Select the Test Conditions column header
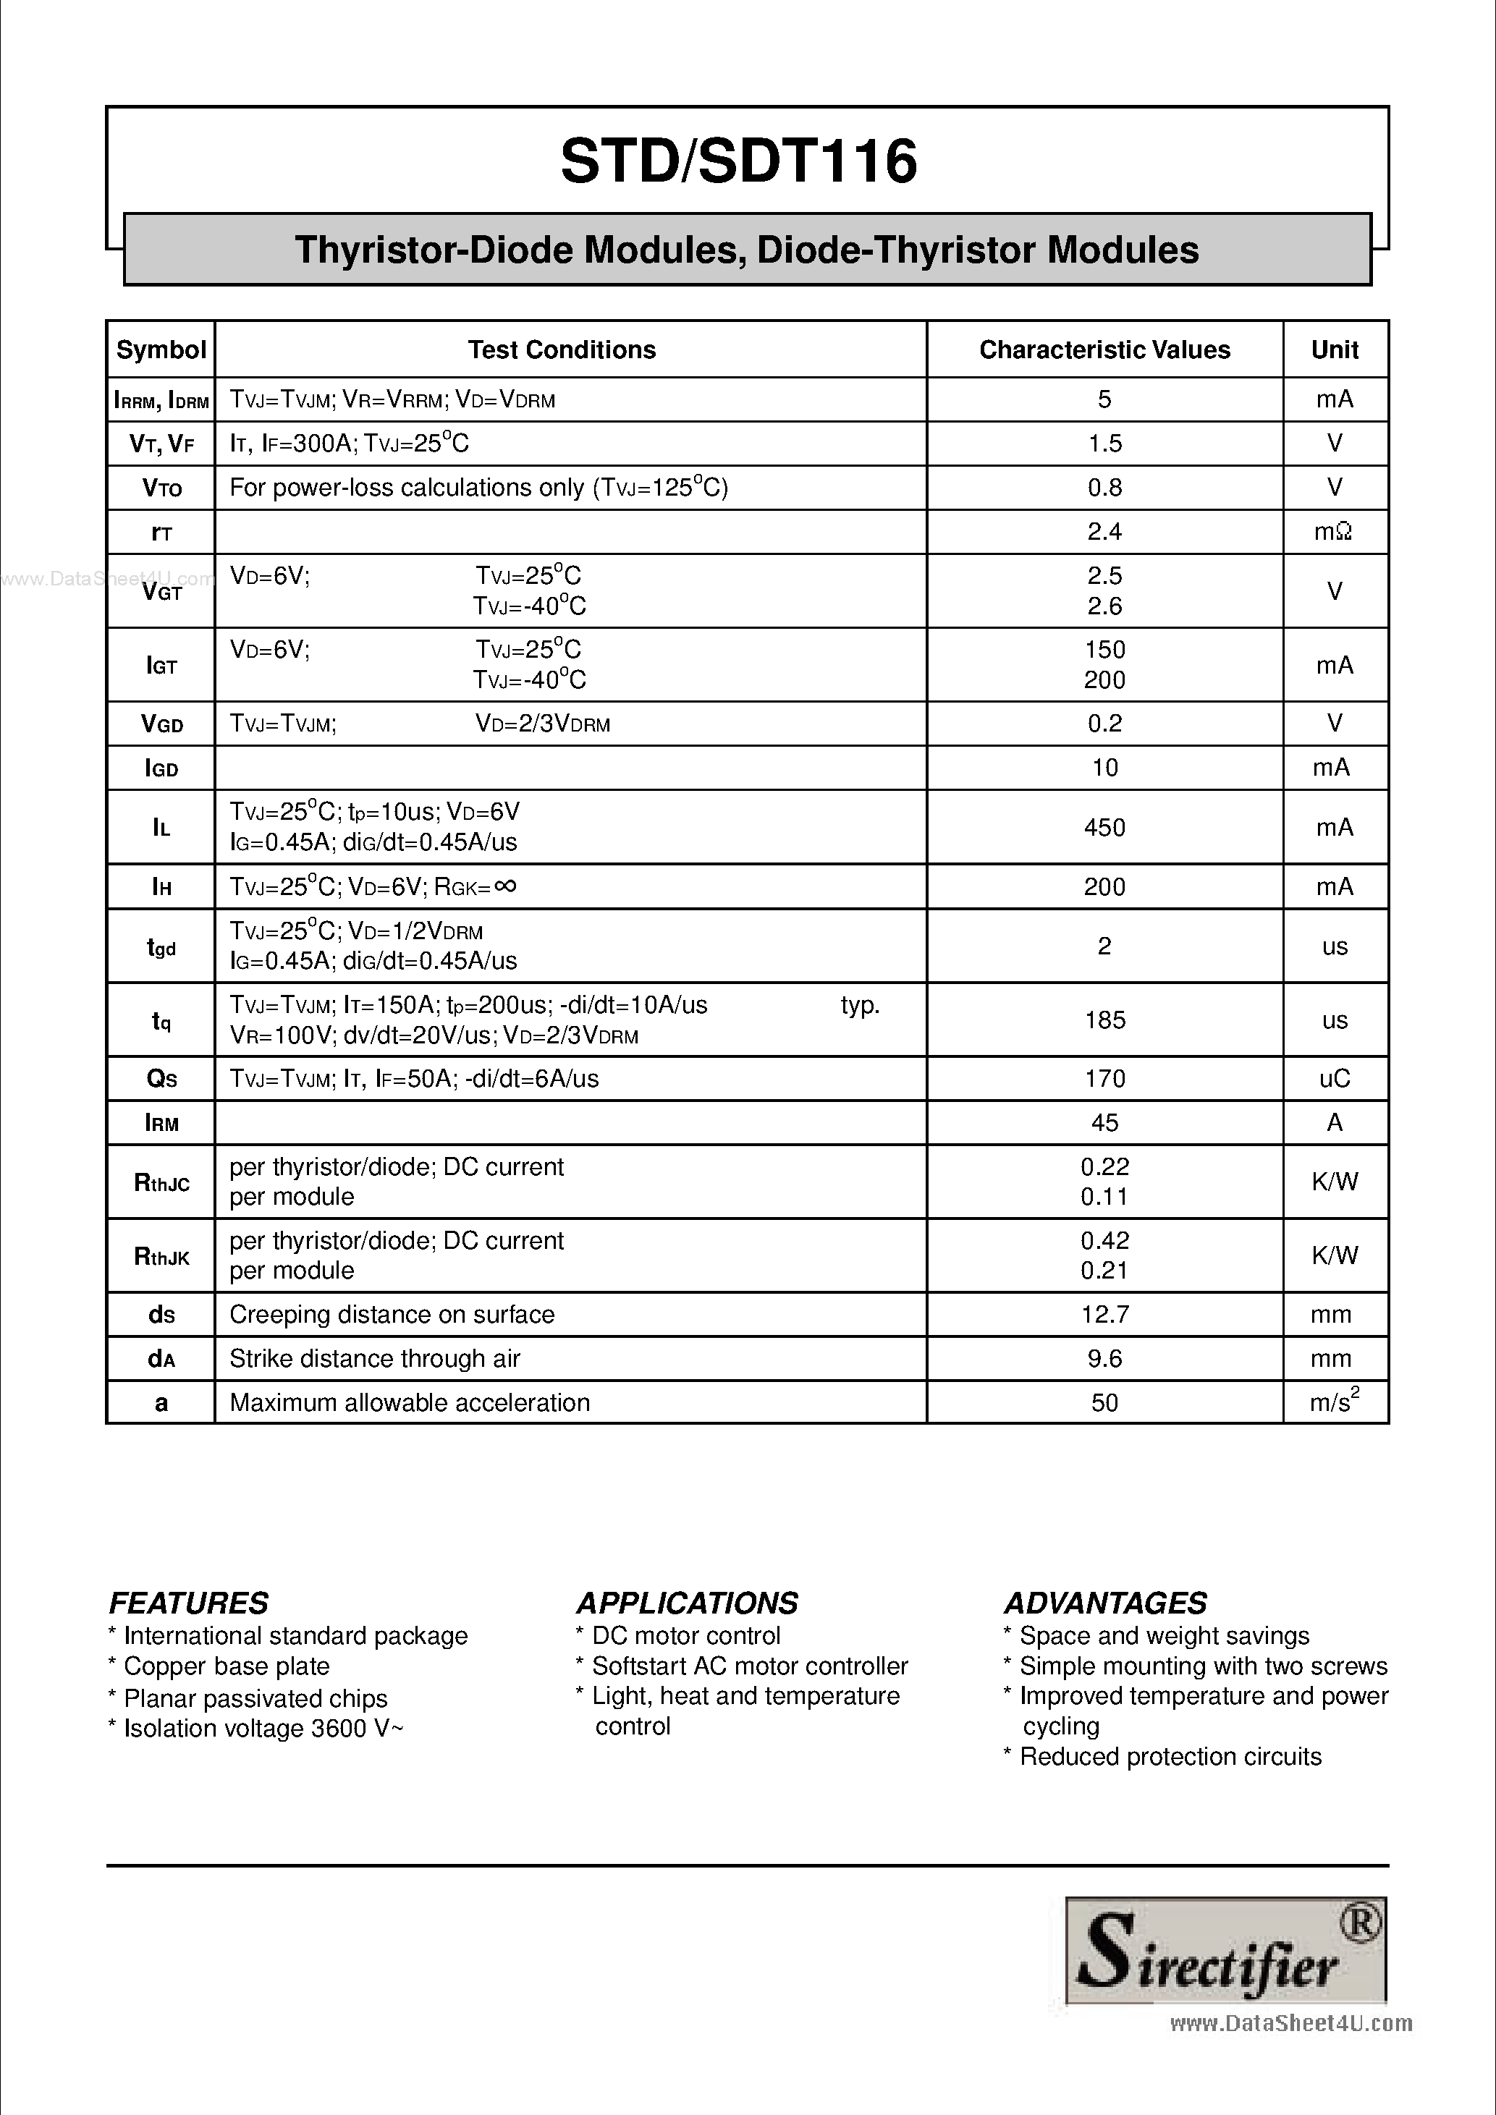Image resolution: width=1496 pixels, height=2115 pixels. [561, 350]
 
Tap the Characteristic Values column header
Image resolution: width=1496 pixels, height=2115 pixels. [1104, 350]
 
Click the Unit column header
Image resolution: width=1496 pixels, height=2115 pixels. [1334, 350]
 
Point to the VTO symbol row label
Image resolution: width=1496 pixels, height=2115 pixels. [161, 488]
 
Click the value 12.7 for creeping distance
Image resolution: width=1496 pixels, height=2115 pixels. [1104, 1315]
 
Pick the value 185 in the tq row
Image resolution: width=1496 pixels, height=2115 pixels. [1104, 1020]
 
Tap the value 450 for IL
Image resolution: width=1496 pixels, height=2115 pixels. [1104, 827]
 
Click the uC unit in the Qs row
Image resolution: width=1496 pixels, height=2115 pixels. [1334, 1079]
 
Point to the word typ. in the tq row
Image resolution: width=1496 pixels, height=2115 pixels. [860, 1005]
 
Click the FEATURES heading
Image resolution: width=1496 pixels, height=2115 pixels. [189, 1603]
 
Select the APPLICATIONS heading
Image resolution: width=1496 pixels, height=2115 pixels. [687, 1603]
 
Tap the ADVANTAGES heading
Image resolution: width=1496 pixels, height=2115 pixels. [1105, 1603]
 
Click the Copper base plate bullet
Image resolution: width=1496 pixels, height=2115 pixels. [219, 1666]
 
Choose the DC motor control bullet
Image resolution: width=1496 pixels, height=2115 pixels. [679, 1636]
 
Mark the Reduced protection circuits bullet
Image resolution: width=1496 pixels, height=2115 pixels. [1162, 1757]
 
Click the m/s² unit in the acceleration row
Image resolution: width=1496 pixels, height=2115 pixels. [1334, 1403]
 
